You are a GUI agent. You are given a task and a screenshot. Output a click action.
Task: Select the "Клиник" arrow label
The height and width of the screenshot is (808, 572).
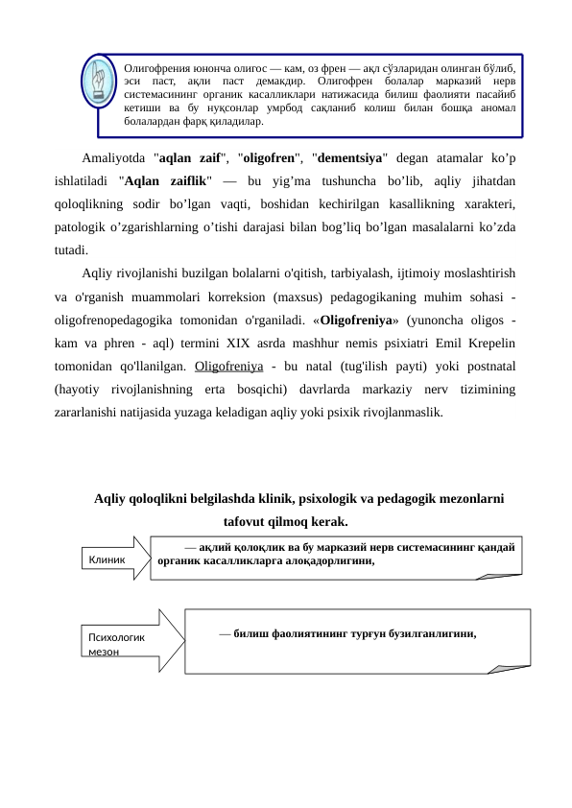[107, 558]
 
